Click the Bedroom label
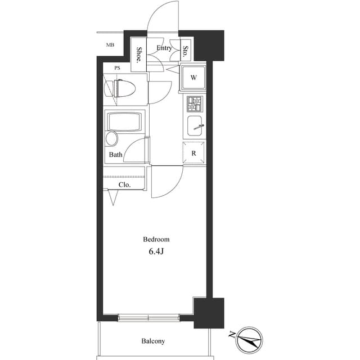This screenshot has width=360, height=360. tap(156, 239)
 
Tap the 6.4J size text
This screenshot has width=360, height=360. tap(156, 251)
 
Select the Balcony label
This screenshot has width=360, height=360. tap(153, 341)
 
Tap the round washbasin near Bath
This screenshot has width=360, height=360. tap(113, 139)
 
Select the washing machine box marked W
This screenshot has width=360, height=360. tap(193, 78)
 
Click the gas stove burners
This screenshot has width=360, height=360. tap(194, 104)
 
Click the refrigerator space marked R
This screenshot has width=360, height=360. tap(193, 153)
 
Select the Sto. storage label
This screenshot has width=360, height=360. tap(186, 51)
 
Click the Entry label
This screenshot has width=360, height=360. tap(164, 48)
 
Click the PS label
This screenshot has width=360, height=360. tap(118, 68)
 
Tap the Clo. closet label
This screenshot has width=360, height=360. tap(124, 184)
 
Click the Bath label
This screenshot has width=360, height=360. tap(116, 155)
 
